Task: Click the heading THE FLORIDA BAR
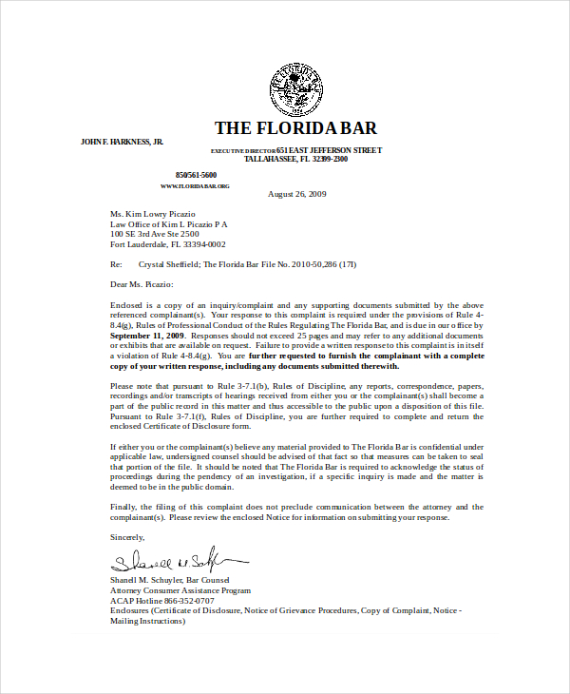(x=295, y=128)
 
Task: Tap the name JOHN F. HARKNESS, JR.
(x=122, y=142)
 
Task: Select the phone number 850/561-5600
(x=196, y=175)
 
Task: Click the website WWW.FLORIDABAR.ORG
(x=195, y=185)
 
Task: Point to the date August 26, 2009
(x=297, y=194)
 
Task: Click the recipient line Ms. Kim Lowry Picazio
(x=153, y=214)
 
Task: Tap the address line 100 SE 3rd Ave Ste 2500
(x=155, y=234)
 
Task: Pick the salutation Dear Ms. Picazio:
(x=142, y=283)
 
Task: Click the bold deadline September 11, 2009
(x=147, y=336)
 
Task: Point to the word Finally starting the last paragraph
(x=123, y=507)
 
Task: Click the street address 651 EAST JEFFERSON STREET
(x=329, y=150)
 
